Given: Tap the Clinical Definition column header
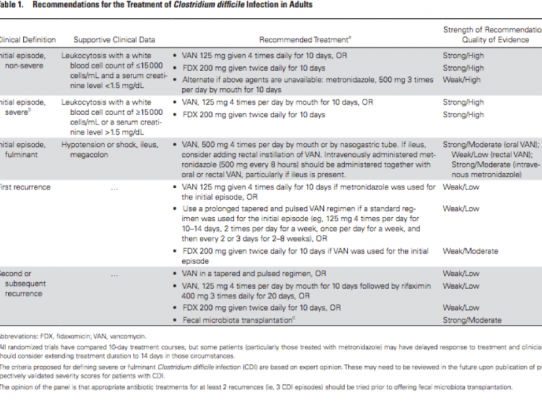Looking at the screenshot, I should [27, 40].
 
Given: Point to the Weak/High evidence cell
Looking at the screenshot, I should [463, 79].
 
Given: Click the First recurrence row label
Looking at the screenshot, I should [26, 187].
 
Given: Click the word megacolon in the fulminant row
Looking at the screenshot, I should [84, 154].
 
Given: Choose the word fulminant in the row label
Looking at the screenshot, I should [18, 154].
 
